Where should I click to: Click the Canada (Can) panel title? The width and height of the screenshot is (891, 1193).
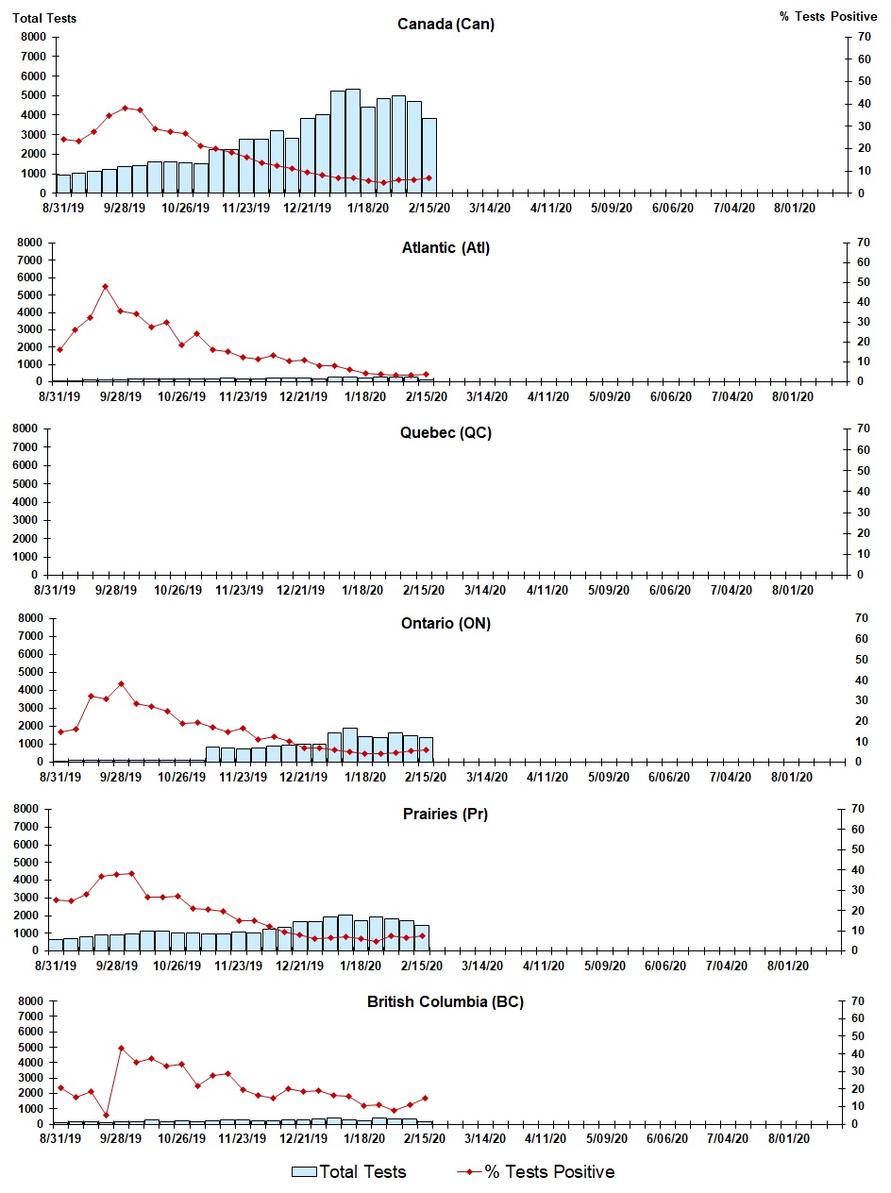point(445,25)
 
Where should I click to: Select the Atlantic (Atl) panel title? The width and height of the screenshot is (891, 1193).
point(445,248)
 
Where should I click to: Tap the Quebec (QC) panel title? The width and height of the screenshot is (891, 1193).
point(445,433)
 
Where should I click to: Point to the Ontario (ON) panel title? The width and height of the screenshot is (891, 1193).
point(445,623)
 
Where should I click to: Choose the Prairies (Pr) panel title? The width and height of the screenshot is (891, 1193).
point(445,814)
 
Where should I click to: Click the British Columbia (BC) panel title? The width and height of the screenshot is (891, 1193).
point(445,1001)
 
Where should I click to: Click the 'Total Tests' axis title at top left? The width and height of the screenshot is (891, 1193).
point(44,18)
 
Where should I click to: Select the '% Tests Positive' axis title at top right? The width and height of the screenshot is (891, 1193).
point(828,18)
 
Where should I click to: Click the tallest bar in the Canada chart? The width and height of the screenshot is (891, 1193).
point(353,142)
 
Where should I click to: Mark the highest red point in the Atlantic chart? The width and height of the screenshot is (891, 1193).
point(105,286)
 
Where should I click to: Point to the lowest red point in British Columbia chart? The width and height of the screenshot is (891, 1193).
point(106,1115)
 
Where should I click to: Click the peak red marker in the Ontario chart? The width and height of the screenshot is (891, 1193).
point(121,683)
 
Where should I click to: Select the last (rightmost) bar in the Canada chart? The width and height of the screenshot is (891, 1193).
point(429,156)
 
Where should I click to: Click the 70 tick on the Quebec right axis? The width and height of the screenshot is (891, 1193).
point(862,428)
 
